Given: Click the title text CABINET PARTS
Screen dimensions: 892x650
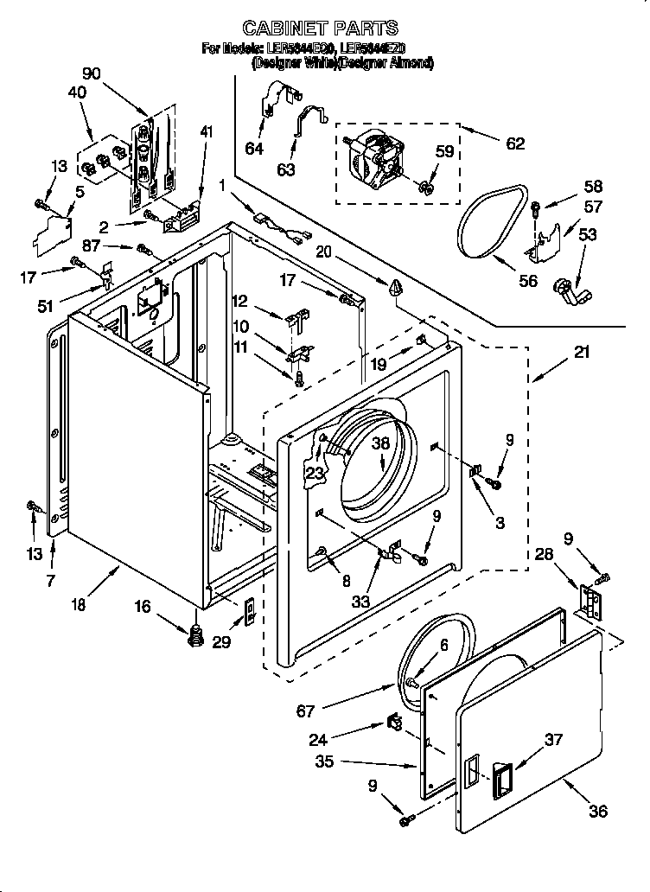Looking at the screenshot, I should click(320, 28).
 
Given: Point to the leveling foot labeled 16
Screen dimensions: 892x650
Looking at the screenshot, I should click(195, 635).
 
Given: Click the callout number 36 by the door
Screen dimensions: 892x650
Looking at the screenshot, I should click(598, 811).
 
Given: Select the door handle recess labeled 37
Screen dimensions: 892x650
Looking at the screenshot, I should click(502, 774).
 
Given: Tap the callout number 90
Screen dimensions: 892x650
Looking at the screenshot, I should click(91, 74).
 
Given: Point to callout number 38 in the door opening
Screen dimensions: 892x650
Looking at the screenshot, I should click(381, 443).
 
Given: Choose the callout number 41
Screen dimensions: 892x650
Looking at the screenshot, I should click(205, 131).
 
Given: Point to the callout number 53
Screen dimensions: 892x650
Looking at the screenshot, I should click(587, 235).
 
